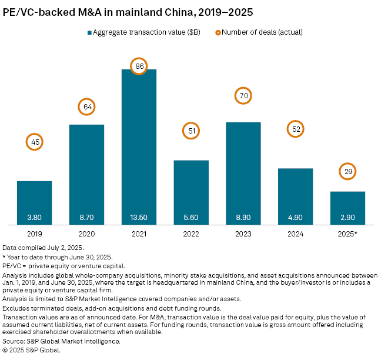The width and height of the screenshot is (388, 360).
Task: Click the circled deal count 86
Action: (x=139, y=66)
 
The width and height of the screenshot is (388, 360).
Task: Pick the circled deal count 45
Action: (x=34, y=142)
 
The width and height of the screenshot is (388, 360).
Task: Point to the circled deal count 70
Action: (x=243, y=95)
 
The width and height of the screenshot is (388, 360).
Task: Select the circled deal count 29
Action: (x=347, y=171)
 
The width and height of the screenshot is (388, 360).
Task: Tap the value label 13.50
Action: (x=139, y=217)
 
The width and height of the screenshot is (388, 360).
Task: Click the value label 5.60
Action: (x=191, y=217)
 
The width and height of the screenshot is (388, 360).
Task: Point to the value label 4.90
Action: (x=295, y=217)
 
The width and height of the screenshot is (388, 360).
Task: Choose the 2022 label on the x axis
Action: (x=191, y=233)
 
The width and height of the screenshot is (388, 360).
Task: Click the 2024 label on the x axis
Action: (x=295, y=233)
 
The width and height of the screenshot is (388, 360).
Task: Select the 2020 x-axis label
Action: (x=86, y=233)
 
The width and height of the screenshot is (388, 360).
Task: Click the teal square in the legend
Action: (x=90, y=32)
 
